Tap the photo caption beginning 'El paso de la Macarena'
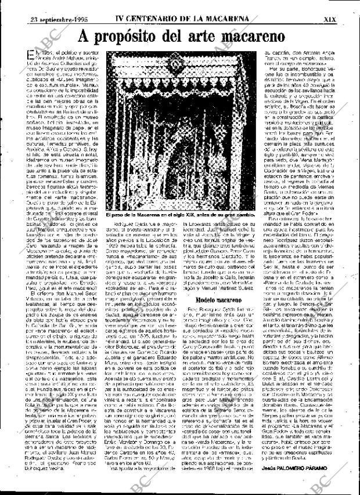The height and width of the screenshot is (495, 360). click(x=181, y=215)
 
